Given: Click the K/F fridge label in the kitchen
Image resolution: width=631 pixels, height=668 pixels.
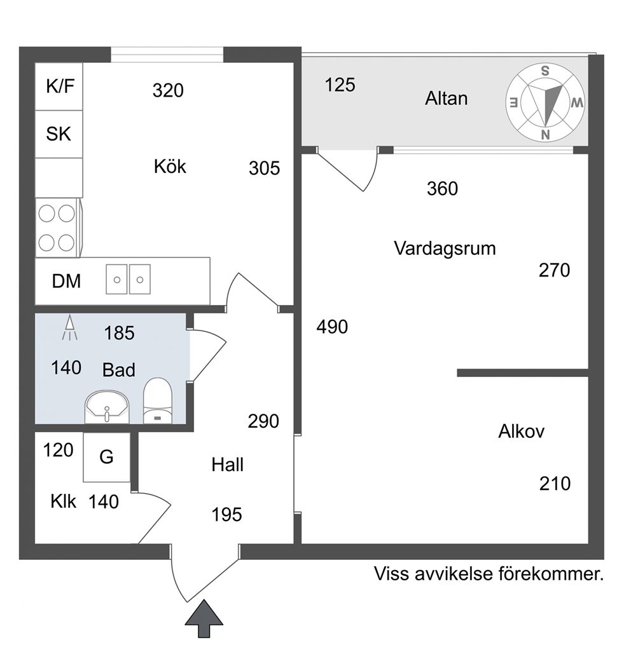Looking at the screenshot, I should [x=60, y=86].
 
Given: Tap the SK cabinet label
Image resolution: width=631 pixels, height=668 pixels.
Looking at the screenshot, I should [x=59, y=134].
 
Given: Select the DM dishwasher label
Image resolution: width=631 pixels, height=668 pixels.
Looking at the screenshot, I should [x=66, y=281].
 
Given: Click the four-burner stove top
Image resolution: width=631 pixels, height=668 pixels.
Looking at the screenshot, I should [x=57, y=228].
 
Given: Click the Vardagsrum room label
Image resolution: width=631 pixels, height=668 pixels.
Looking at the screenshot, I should [x=445, y=248].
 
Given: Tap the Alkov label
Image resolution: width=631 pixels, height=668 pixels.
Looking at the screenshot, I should [x=522, y=432].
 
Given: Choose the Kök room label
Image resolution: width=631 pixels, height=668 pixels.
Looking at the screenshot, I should [x=170, y=167].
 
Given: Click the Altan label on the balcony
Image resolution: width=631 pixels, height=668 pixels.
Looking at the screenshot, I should [x=446, y=99].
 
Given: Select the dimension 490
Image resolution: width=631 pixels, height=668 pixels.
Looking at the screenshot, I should [x=333, y=327].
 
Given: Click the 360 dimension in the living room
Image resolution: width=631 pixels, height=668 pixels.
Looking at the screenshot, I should [x=442, y=189].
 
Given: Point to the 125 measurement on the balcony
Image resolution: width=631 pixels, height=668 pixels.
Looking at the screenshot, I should [x=340, y=85].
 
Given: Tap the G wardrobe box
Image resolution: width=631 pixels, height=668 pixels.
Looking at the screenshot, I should [x=106, y=457].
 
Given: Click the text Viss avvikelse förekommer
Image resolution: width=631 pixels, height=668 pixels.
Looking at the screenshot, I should [x=488, y=575].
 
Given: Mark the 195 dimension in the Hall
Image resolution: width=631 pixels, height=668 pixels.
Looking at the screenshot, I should [x=227, y=514].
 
